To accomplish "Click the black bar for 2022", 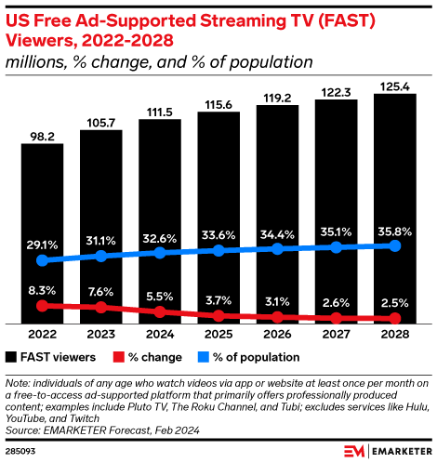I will (x=42, y=232).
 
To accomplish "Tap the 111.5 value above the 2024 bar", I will (x=159, y=111).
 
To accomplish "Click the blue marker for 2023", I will (x=100, y=255).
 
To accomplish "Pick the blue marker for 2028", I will (x=394, y=245).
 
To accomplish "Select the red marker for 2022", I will (x=42, y=304).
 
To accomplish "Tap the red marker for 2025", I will (x=218, y=316).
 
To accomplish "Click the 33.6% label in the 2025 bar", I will (x=218, y=233).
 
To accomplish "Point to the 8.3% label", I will (x=42, y=289).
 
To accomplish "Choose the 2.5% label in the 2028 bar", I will (x=394, y=302).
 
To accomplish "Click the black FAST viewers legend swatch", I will (x=11, y=357).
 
